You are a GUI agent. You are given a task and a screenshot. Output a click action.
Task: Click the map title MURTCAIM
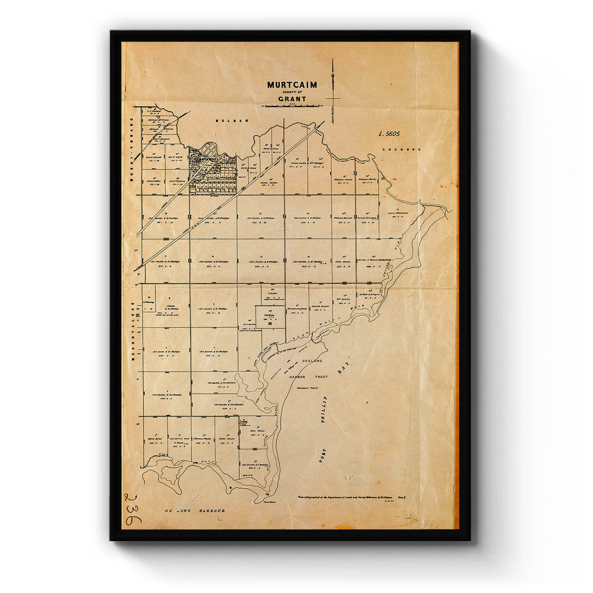pos(292,85)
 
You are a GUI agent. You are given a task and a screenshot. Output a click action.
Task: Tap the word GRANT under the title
pos(292,99)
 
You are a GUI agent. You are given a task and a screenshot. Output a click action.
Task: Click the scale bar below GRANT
pos(292,106)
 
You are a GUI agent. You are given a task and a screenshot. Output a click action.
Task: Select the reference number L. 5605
pos(389,133)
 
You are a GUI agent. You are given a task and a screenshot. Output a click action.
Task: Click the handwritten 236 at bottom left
pos(132,509)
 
